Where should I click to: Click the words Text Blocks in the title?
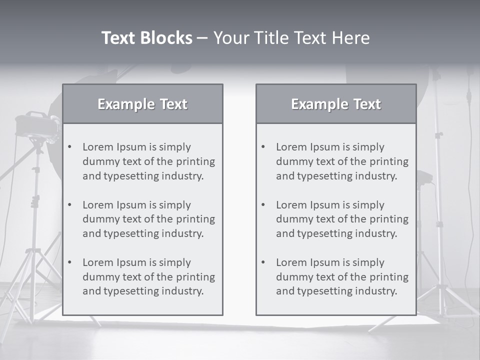click(146, 38)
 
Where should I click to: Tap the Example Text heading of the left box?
click(142, 104)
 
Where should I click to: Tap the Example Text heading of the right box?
click(336, 104)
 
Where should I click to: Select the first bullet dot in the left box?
click(70, 147)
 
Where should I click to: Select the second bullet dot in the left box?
click(70, 205)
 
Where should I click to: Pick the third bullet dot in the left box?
click(70, 262)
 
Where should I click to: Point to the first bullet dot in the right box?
click(263, 147)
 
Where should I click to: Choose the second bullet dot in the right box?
click(263, 205)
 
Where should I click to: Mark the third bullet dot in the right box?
click(263, 262)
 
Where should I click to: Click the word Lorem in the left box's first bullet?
click(98, 147)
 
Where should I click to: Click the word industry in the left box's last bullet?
click(183, 291)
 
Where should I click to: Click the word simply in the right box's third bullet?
click(368, 262)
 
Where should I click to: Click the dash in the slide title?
click(202, 38)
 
